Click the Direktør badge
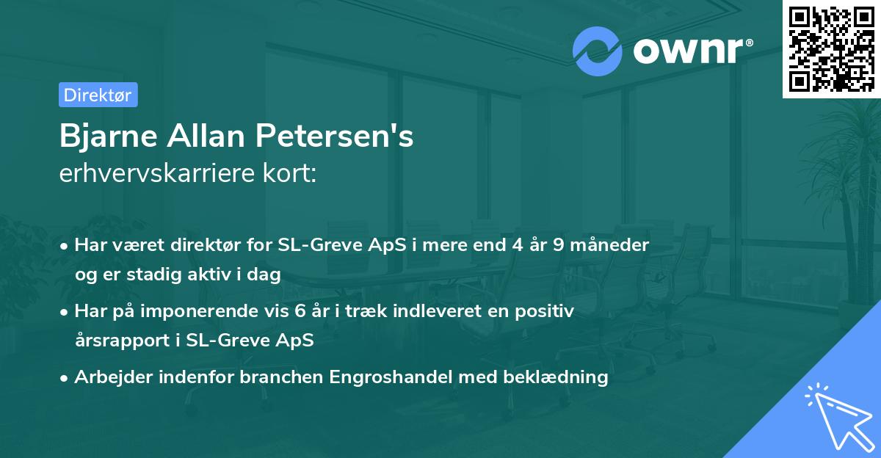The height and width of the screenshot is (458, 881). point(98,95)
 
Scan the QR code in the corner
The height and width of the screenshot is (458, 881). point(831,48)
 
